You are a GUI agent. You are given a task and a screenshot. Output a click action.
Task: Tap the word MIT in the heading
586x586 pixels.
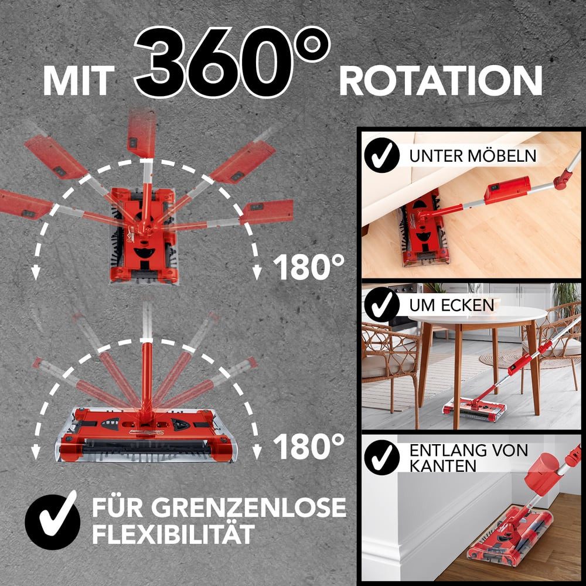pos(77,80)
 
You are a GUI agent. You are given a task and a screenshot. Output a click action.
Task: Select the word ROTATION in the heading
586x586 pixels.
pos(440,80)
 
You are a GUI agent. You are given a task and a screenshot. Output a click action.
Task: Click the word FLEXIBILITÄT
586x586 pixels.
pos(173,534)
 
